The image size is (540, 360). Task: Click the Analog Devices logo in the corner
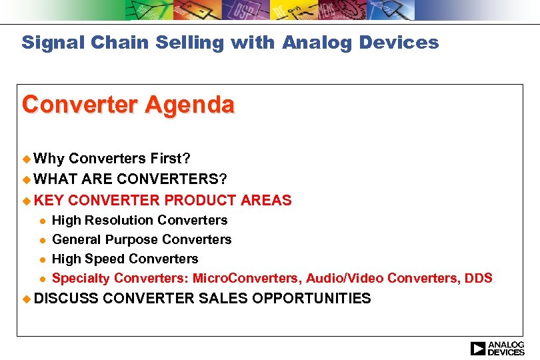point(497,349)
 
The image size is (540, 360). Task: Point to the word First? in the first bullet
point(170,159)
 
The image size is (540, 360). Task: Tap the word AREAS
point(267,200)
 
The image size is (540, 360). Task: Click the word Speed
point(102,259)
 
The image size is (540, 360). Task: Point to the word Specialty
point(81,278)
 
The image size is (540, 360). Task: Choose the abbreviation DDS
point(479,278)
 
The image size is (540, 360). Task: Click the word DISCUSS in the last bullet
point(66,298)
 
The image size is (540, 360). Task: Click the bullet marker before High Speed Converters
point(41,259)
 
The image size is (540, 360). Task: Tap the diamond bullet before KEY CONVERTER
point(27,200)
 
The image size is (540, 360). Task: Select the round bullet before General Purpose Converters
point(41,240)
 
